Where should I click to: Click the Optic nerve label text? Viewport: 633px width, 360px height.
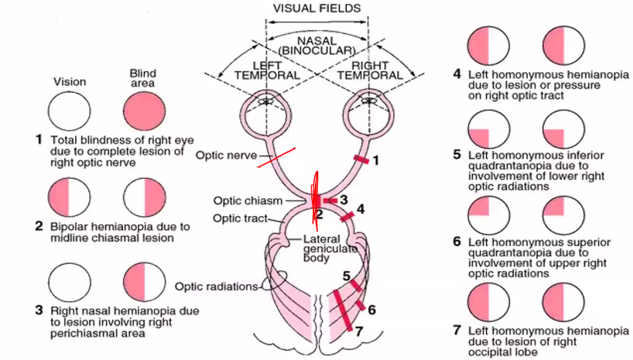221,155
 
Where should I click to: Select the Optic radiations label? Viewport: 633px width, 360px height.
215,286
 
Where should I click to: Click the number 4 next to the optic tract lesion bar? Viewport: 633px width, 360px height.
361,208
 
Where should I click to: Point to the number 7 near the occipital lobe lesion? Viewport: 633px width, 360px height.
358,331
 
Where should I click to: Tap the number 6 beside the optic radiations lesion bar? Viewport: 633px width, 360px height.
371,310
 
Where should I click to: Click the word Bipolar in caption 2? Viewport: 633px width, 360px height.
70,227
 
